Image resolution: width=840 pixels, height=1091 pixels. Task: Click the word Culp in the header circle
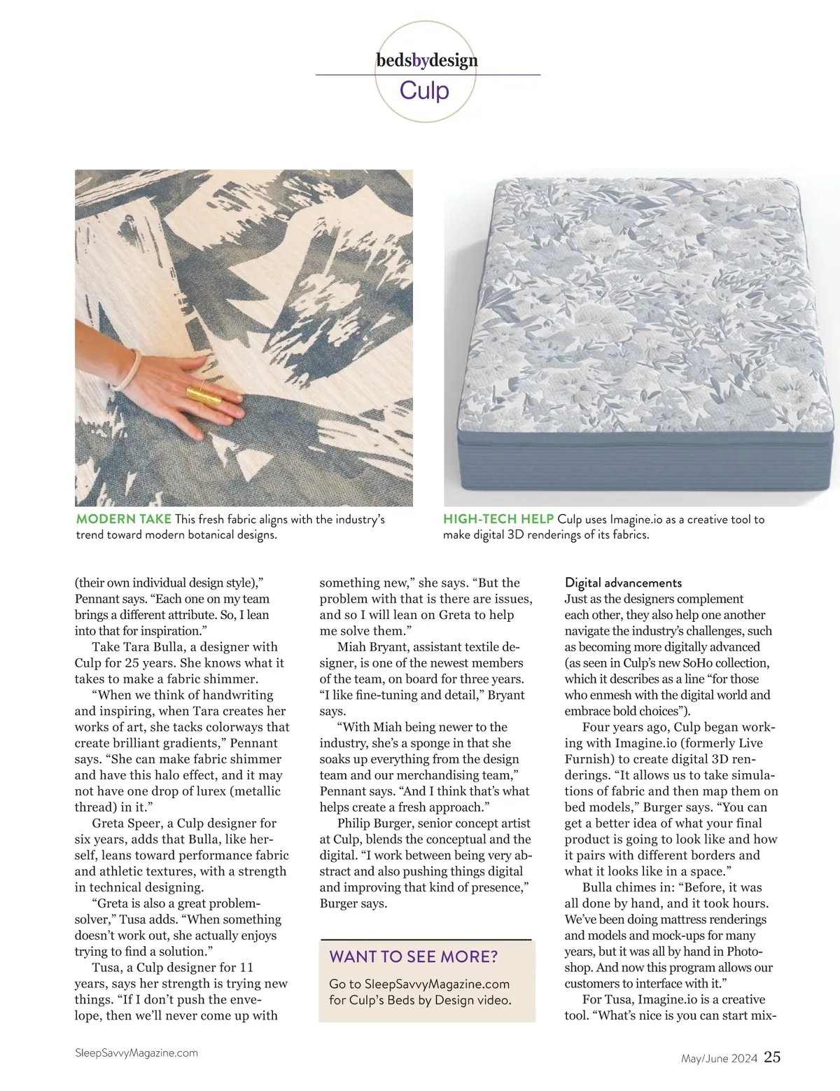[424, 91]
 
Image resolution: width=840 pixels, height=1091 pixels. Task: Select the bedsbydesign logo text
[427, 60]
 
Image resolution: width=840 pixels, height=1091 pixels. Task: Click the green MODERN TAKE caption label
[123, 520]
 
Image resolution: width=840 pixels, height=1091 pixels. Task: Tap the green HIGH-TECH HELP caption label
[498, 520]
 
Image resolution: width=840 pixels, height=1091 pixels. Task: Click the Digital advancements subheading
[623, 583]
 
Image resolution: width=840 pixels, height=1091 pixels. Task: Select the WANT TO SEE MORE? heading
[413, 957]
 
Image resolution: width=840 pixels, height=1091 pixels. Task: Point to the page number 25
[772, 1057]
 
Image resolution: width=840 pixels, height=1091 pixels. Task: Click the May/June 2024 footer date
[719, 1059]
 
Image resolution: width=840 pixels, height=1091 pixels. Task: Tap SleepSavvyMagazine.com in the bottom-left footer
[136, 1052]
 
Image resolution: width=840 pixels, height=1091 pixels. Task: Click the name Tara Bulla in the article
[152, 647]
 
